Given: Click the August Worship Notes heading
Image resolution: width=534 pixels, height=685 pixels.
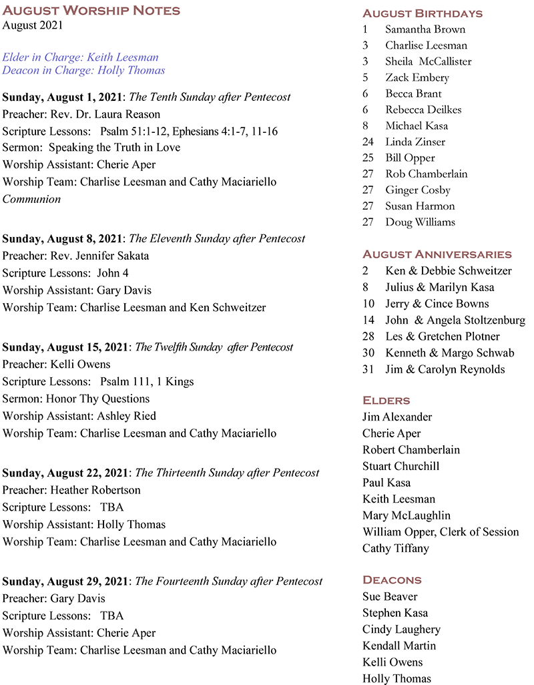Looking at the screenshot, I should pyautogui.click(x=91, y=10).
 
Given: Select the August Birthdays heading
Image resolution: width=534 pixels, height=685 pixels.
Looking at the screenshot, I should pyautogui.click(x=422, y=13).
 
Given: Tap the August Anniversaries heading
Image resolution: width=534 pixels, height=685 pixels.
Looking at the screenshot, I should pyautogui.click(x=437, y=254).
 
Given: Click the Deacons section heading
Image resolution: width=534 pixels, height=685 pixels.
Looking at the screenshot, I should pyautogui.click(x=392, y=580).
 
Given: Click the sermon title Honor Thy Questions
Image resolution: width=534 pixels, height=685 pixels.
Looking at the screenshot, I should pyautogui.click(x=97, y=399).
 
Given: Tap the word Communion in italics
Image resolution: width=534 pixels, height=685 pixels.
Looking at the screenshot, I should pyautogui.click(x=31, y=199).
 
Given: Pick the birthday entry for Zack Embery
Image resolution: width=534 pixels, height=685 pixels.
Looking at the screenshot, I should pyautogui.click(x=417, y=77).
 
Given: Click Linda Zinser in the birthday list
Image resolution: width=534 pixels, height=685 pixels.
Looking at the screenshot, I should pyautogui.click(x=415, y=142).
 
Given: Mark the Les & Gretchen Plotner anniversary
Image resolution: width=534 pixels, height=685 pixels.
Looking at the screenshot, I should pyautogui.click(x=442, y=336).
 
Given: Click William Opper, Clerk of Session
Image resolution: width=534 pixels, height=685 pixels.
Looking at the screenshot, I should pyautogui.click(x=441, y=532).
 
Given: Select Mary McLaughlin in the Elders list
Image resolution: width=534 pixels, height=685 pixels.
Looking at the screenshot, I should pyautogui.click(x=406, y=515).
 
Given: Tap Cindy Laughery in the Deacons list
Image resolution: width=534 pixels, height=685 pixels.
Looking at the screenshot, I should pyautogui.click(x=401, y=630).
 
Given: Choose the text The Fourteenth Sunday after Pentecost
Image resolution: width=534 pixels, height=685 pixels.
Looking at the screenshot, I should pyautogui.click(x=229, y=582).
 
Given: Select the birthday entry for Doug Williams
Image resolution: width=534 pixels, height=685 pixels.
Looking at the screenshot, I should pyautogui.click(x=420, y=222).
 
